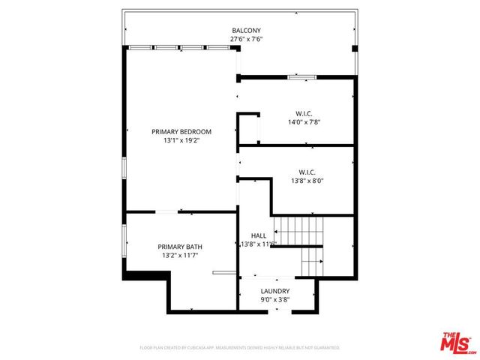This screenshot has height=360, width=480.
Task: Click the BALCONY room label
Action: click(x=246, y=31)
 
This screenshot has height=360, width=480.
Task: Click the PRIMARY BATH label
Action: click(x=179, y=247)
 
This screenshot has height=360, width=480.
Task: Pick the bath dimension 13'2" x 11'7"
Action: click(x=179, y=255)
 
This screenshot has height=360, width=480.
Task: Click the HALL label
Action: click(x=258, y=235)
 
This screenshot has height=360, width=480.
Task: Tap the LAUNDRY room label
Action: click(x=275, y=291)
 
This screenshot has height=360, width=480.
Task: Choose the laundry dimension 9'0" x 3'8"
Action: click(x=275, y=299)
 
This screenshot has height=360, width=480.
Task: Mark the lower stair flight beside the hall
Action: click(x=311, y=260)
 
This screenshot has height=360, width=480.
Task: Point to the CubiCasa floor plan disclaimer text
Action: click(x=240, y=348)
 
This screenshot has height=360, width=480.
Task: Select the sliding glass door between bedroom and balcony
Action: click(x=179, y=48)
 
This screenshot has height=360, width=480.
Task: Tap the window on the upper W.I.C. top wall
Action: click(x=301, y=76)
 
